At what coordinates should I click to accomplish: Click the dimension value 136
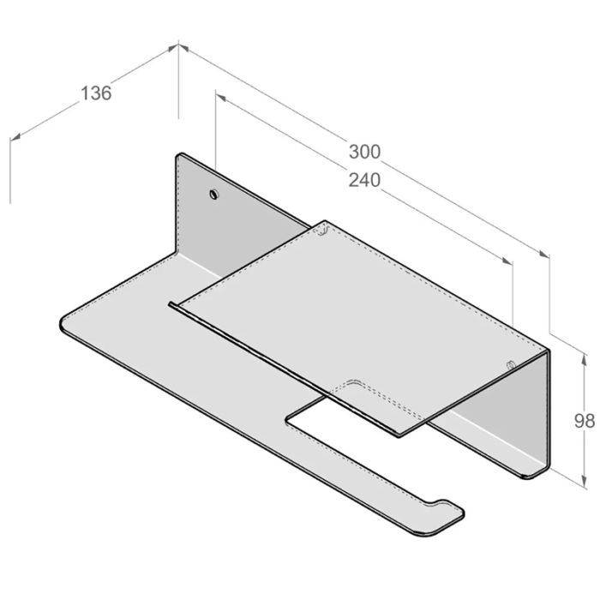96,93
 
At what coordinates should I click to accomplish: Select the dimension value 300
364,152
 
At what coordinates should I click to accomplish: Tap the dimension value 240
364,180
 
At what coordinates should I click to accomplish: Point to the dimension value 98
585,421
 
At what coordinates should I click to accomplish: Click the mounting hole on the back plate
214,194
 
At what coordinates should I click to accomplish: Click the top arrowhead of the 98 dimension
584,360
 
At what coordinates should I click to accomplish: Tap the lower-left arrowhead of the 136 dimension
15,136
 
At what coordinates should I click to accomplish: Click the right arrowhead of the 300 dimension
543,254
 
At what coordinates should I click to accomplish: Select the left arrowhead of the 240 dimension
221,98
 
